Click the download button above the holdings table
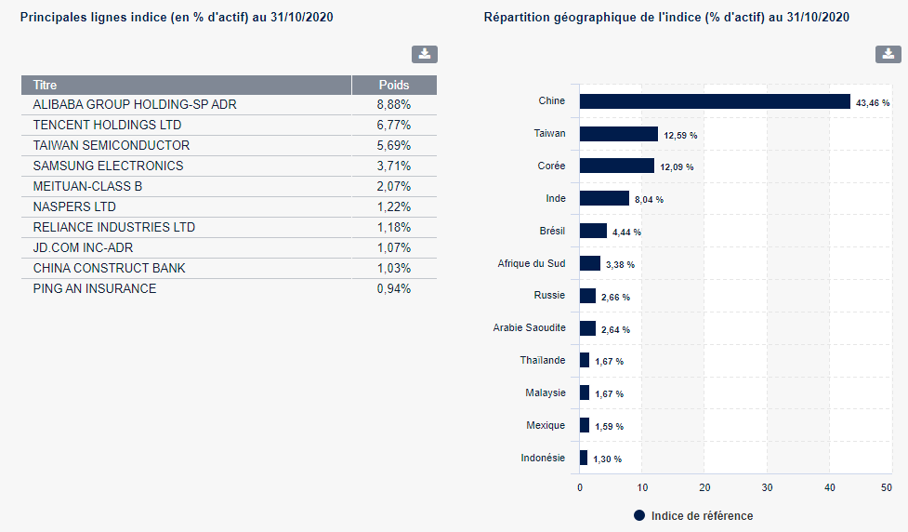(x=425, y=54)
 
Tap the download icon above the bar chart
(x=888, y=54)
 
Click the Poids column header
(x=394, y=86)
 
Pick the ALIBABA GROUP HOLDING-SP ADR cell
(x=135, y=104)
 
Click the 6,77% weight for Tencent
(x=394, y=125)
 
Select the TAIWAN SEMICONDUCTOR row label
(x=112, y=145)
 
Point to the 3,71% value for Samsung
(x=394, y=166)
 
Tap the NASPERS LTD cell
(x=74, y=206)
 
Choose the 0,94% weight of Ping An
(x=394, y=288)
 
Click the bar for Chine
(x=715, y=101)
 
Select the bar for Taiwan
(x=619, y=134)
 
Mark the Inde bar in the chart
(x=604, y=198)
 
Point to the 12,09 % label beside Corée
(x=677, y=167)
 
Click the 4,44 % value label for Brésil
(x=626, y=233)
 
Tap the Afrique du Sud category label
(x=532, y=263)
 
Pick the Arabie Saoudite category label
(x=529, y=328)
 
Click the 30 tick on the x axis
(x=768, y=487)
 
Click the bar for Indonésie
(x=584, y=458)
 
